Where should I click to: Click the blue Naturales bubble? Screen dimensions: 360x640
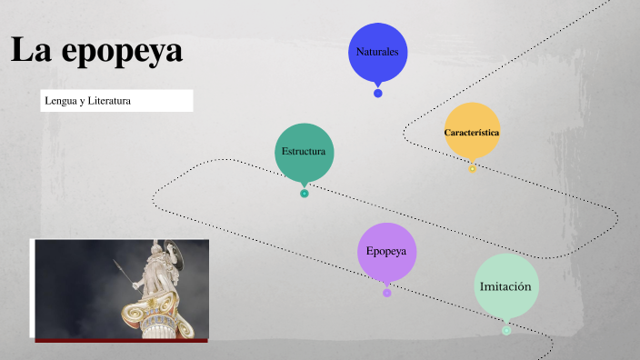pyautogui.click(x=378, y=51)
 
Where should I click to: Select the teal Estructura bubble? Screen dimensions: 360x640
pyautogui.click(x=305, y=151)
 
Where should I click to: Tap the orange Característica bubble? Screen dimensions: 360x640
pyautogui.click(x=472, y=132)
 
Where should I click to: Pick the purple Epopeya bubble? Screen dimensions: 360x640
pyautogui.click(x=386, y=251)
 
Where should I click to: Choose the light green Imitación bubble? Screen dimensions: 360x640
pyautogui.click(x=505, y=286)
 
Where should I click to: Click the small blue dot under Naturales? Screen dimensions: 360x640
pyautogui.click(x=378, y=93)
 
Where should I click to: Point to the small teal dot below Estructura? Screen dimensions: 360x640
pyautogui.click(x=305, y=193)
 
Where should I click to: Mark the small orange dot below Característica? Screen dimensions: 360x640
pyautogui.click(x=472, y=169)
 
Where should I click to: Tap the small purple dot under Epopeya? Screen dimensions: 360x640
pyautogui.click(x=387, y=293)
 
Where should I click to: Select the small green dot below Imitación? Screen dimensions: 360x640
pyautogui.click(x=506, y=330)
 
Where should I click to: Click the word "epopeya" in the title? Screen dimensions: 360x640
pyautogui.click(x=123, y=51)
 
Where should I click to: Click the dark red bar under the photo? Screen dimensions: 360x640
pyautogui.click(x=121, y=340)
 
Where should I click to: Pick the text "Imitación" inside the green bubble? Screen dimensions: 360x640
pyautogui.click(x=505, y=286)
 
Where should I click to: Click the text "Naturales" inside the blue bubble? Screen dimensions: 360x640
pyautogui.click(x=378, y=52)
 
